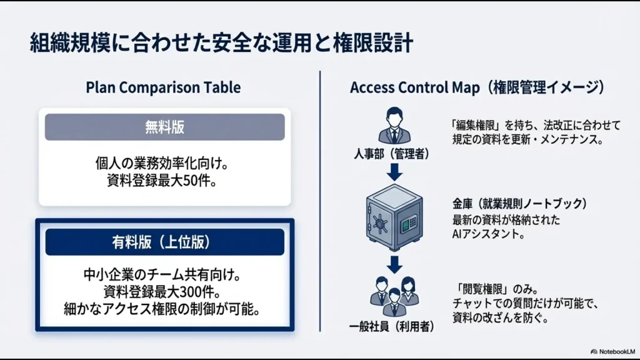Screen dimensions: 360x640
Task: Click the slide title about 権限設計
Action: coord(222,44)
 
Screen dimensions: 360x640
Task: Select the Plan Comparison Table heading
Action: coord(163,87)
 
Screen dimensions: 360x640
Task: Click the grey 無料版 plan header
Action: coord(164,127)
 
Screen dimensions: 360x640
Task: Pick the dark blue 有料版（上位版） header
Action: coord(164,242)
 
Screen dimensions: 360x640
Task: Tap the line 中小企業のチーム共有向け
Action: coord(164,274)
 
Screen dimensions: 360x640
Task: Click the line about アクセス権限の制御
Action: coord(164,309)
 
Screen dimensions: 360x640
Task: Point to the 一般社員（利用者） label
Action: coord(392,326)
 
